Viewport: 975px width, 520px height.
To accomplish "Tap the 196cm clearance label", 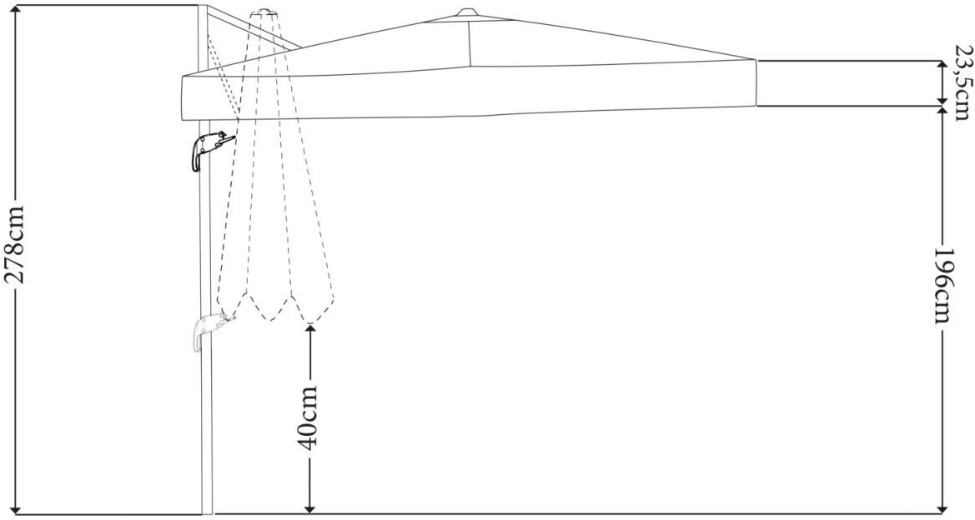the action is [944, 285].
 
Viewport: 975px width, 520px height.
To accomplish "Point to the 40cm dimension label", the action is [308, 416].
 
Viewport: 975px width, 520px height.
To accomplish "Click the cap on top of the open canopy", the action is [466, 13].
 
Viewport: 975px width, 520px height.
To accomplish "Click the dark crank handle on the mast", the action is [209, 151].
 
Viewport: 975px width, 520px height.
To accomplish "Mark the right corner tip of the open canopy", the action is [756, 60].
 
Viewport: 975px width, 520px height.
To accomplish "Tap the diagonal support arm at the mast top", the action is [254, 27].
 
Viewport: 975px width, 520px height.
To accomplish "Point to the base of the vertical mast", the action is [207, 513].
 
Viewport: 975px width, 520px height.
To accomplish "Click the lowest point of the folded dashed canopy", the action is [309, 323].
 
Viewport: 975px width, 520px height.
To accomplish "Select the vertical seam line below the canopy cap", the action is [470, 42].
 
